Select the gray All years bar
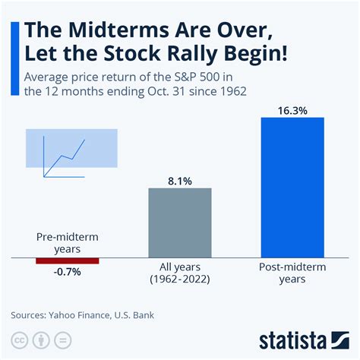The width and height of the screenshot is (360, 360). tap(179, 223)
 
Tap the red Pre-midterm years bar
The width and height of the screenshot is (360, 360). tap(67, 261)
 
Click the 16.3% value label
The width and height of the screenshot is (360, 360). tap(292, 109)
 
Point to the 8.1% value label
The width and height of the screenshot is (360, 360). tap(179, 180)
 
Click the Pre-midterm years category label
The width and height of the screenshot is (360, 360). tap(67, 242)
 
